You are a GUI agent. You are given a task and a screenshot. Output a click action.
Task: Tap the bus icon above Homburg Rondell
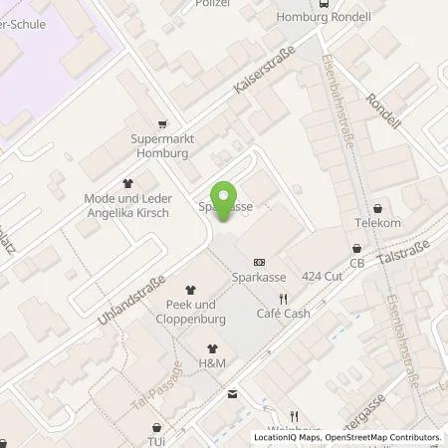326,4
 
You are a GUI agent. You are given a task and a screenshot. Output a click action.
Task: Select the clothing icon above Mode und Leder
127,183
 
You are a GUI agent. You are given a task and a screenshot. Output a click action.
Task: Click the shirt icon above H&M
211,348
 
